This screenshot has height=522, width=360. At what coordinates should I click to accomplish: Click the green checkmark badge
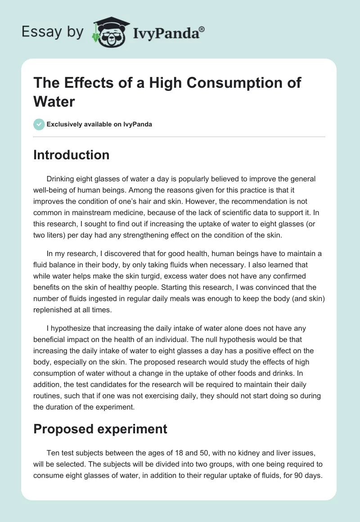point(39,124)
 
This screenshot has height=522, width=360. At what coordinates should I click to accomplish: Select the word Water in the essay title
point(54,101)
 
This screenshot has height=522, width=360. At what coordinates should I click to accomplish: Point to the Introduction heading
point(72,155)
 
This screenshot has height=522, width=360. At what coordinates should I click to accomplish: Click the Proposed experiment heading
point(100,429)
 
